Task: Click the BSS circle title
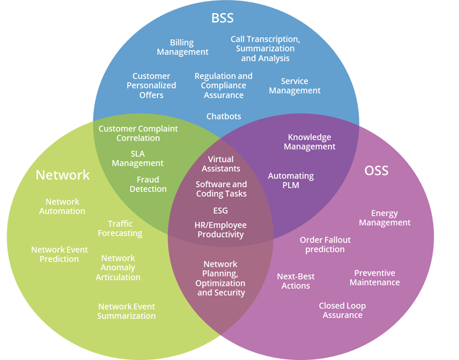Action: pyautogui.click(x=222, y=17)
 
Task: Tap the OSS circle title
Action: pyautogui.click(x=376, y=171)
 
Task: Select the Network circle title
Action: pyautogui.click(x=63, y=175)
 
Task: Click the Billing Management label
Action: pyautogui.click(x=182, y=47)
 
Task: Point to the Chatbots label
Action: pyautogui.click(x=224, y=116)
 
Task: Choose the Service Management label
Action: pyautogui.click(x=294, y=86)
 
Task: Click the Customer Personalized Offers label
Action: pyautogui.click(x=151, y=85)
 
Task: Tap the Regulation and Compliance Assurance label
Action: pyautogui.click(x=223, y=85)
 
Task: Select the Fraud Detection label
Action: pyautogui.click(x=148, y=184)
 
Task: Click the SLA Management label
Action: pyautogui.click(x=137, y=158)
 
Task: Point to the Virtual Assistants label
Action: pyautogui.click(x=221, y=164)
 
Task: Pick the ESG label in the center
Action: pyautogui.click(x=220, y=210)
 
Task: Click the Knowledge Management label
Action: pyautogui.click(x=309, y=142)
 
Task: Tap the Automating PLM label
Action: pyautogui.click(x=291, y=181)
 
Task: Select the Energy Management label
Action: pyautogui.click(x=385, y=218)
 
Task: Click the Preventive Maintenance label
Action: pyautogui.click(x=374, y=278)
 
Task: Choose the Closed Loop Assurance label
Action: pyautogui.click(x=342, y=311)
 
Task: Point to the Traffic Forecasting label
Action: pyautogui.click(x=120, y=228)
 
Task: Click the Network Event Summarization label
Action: pyautogui.click(x=126, y=311)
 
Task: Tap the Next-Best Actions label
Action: pyautogui.click(x=296, y=281)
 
